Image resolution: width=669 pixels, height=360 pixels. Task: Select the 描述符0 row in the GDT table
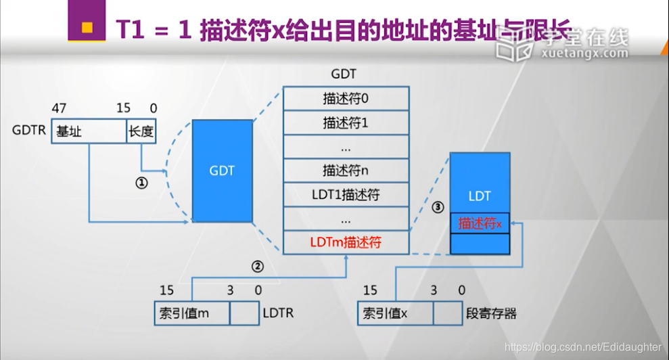(x=346, y=99)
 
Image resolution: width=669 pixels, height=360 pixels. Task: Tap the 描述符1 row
(x=346, y=124)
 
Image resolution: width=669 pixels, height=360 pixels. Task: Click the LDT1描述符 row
(x=346, y=195)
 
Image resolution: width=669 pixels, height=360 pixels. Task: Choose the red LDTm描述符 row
(x=346, y=242)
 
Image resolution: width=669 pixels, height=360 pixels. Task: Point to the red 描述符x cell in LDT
(x=480, y=223)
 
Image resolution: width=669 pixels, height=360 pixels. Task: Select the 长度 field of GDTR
(x=141, y=132)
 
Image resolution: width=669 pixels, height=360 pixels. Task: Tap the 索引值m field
(x=192, y=313)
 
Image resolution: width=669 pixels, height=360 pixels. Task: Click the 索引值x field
(x=395, y=313)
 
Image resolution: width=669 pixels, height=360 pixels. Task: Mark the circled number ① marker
(x=141, y=183)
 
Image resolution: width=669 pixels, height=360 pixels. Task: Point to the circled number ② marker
(x=257, y=267)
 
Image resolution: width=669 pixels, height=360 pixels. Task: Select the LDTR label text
(x=279, y=313)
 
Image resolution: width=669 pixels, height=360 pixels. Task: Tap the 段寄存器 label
(x=491, y=313)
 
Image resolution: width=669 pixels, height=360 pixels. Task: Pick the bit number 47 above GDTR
(x=58, y=109)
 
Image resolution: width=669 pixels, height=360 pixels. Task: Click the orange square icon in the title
(x=87, y=27)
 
